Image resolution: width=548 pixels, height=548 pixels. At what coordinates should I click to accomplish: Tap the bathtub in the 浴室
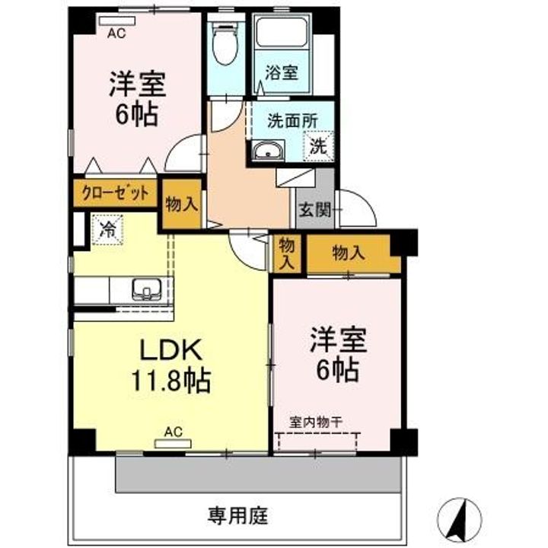point(282,32)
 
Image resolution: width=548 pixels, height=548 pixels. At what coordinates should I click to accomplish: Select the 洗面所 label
point(292,120)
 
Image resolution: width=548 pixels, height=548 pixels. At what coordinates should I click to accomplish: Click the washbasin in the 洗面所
point(268,151)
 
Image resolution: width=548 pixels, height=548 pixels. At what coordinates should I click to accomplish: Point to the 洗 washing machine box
point(318,146)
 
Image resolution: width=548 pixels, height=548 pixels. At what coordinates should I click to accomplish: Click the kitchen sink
point(146,289)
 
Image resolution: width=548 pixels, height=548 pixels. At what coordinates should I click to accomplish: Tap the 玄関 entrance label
point(314,210)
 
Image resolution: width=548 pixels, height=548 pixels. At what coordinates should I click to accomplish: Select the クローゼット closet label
point(115,193)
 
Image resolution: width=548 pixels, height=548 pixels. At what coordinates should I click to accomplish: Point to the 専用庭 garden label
point(238,516)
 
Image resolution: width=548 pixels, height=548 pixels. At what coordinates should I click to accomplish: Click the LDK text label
point(171,349)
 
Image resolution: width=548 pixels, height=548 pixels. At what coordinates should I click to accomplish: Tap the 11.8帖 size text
point(170,381)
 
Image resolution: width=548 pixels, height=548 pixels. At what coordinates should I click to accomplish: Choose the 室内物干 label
point(315,422)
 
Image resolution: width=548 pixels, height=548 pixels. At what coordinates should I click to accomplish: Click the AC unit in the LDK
point(173,444)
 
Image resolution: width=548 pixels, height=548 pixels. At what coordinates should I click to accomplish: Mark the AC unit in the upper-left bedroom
point(116,21)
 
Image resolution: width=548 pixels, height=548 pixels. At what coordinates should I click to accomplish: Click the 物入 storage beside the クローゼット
point(182,204)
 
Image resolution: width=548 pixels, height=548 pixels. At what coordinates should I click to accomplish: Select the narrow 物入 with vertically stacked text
point(287,253)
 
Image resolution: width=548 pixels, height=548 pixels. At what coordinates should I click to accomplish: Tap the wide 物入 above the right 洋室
point(349,253)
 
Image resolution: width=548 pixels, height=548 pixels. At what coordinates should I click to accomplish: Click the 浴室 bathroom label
point(282,73)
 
